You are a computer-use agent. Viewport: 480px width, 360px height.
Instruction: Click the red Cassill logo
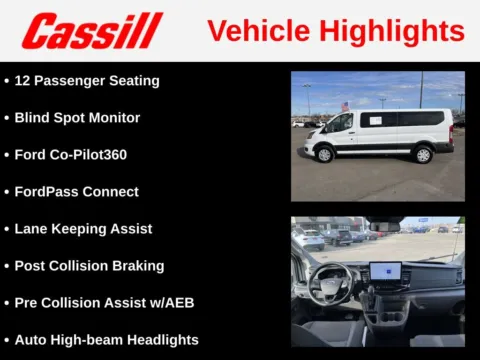pyautogui.click(x=91, y=31)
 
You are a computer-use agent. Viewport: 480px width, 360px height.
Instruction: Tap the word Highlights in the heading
pyautogui.click(x=386, y=31)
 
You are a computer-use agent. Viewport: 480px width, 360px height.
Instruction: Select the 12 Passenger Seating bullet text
pyautogui.click(x=86, y=80)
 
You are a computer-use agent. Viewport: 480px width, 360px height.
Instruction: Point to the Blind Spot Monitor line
pyautogui.click(x=77, y=117)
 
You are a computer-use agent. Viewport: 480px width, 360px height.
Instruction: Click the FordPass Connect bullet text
pyautogui.click(x=76, y=191)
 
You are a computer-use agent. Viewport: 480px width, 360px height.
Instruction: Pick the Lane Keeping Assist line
pyautogui.click(x=83, y=228)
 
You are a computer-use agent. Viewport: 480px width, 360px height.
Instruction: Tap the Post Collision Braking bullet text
pyautogui.click(x=88, y=265)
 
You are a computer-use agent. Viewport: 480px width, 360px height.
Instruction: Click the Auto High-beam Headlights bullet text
pyautogui.click(x=106, y=339)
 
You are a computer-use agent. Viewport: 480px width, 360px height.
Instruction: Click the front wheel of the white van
pyautogui.click(x=324, y=154)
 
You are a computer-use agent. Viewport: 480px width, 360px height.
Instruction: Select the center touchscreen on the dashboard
pyautogui.click(x=385, y=272)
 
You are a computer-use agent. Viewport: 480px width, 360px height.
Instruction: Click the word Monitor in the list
pyautogui.click(x=112, y=117)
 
